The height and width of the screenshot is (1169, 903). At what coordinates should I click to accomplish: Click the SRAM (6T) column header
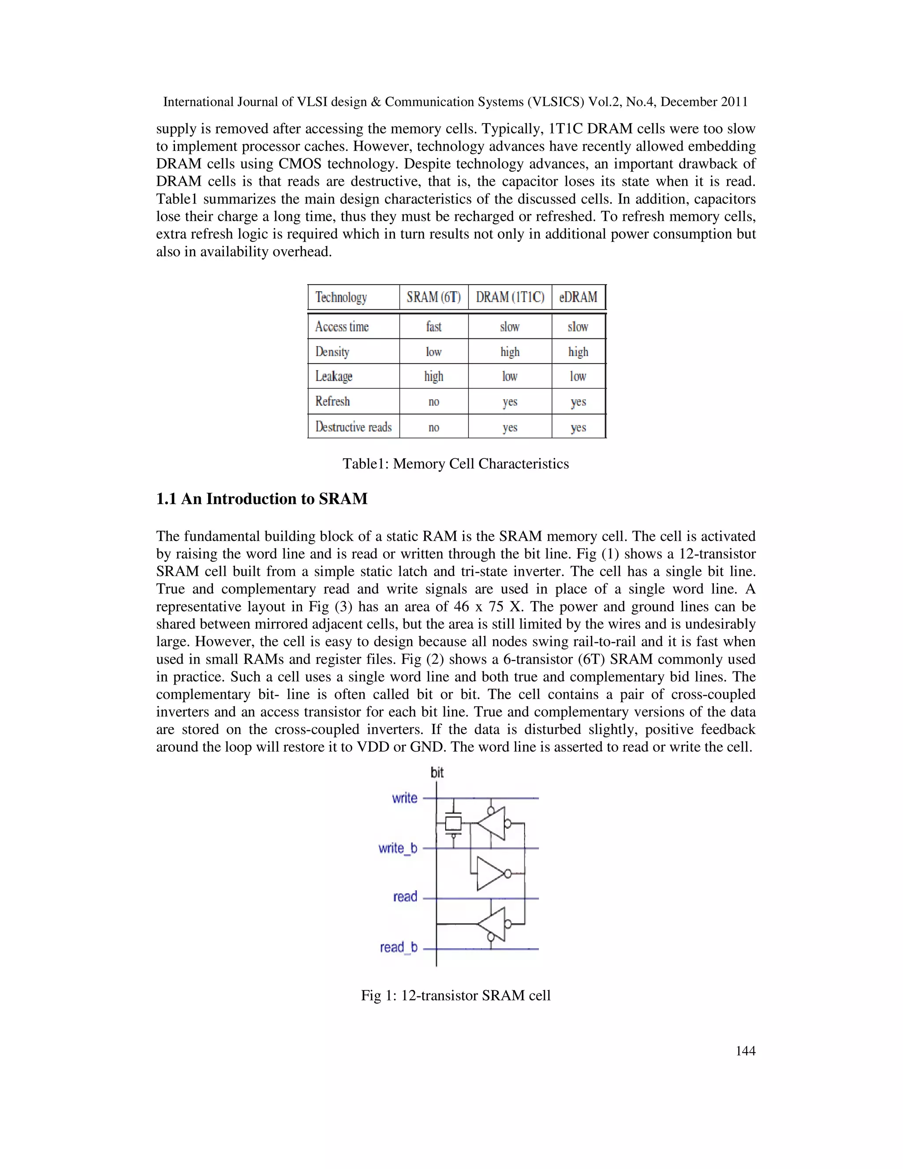[433, 297]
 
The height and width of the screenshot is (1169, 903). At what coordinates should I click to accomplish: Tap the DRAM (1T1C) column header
[510, 297]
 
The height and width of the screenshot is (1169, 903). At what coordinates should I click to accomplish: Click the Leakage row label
[334, 376]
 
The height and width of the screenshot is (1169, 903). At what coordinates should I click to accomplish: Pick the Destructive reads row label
[353, 427]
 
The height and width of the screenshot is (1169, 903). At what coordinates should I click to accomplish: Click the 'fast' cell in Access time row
[433, 326]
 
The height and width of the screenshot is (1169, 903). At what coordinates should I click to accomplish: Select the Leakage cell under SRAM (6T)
[433, 376]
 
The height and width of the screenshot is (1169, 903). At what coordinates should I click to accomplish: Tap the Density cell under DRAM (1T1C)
[510, 352]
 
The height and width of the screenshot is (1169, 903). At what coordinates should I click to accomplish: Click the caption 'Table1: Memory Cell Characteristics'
[456, 464]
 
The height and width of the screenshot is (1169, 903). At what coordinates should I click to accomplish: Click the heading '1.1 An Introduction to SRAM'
[261, 499]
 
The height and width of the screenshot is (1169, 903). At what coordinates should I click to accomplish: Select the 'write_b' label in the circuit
[397, 848]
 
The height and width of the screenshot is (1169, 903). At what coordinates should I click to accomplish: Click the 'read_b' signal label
[399, 948]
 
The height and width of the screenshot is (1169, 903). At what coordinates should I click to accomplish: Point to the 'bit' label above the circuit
[437, 772]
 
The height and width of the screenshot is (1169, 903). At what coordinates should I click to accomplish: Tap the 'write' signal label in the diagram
[404, 798]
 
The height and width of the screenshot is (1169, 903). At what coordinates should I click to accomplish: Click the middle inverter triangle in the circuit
[491, 873]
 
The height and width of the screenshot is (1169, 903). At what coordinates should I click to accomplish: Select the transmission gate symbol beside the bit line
[454, 823]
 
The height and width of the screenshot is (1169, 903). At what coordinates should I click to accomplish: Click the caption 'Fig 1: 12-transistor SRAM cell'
[456, 996]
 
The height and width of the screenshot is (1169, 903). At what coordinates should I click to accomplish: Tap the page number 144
[745, 1051]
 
